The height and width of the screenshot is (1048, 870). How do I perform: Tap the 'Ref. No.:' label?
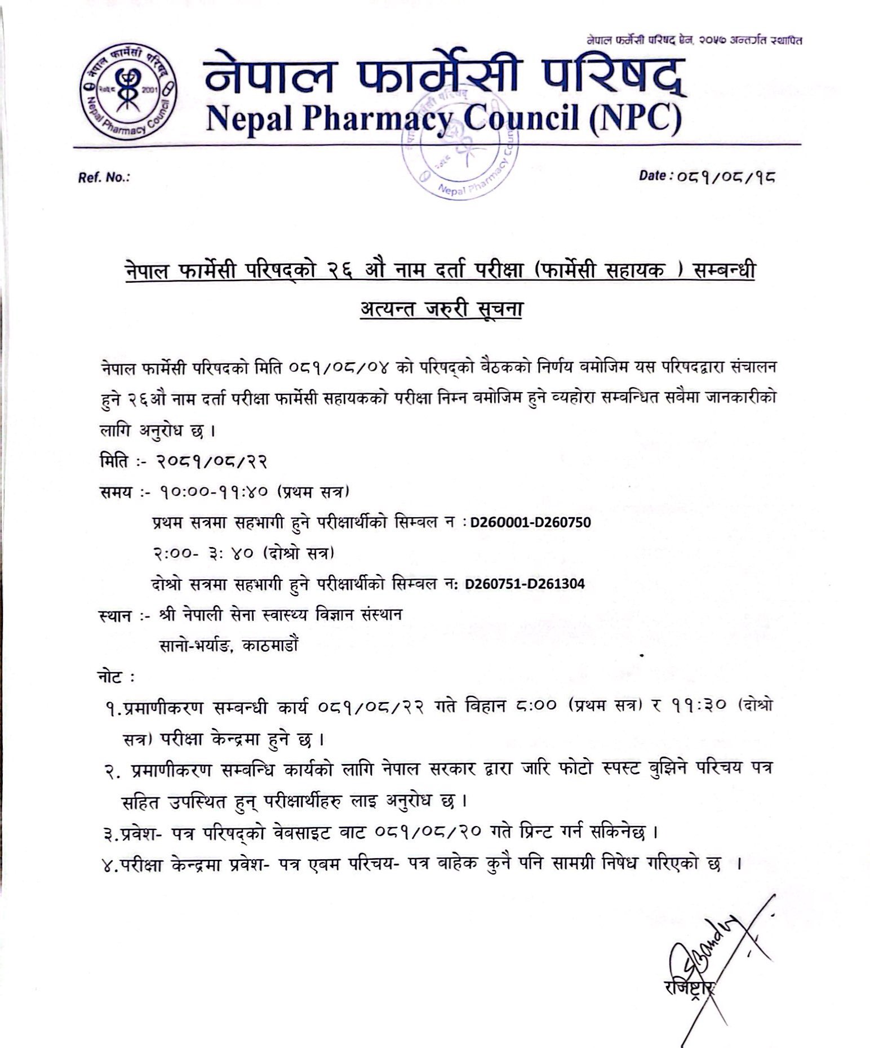[x=104, y=177]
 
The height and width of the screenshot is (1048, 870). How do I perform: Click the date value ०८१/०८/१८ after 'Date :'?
[x=727, y=177]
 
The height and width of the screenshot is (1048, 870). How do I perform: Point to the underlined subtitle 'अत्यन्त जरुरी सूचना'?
[x=441, y=309]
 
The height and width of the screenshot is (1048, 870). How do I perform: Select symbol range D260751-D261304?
[x=525, y=584]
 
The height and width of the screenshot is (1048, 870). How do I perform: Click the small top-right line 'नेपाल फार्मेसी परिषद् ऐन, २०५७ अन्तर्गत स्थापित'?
[x=694, y=40]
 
